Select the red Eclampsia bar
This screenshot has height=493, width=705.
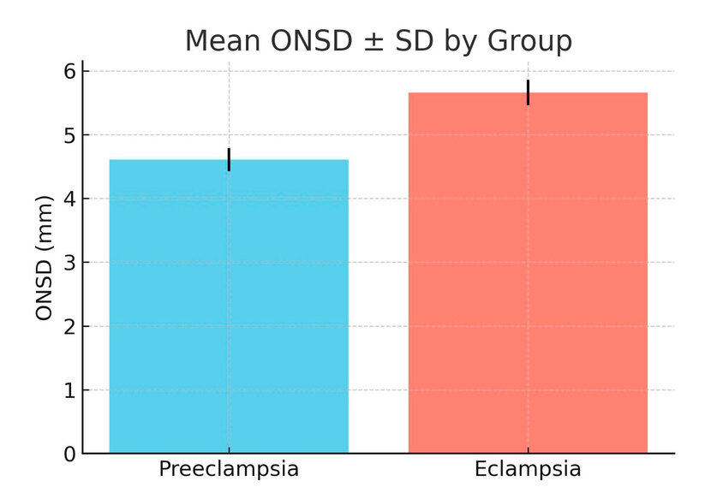pos(528,274)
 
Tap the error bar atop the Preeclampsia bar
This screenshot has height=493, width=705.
pos(229,159)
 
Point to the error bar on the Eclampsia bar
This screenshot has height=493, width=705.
pos(528,92)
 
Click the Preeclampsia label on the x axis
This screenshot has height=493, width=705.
pos(229,470)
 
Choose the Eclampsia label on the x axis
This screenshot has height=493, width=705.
pos(528,470)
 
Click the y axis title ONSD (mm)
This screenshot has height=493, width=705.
pos(45,263)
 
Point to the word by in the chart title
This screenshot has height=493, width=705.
pos(458,41)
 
